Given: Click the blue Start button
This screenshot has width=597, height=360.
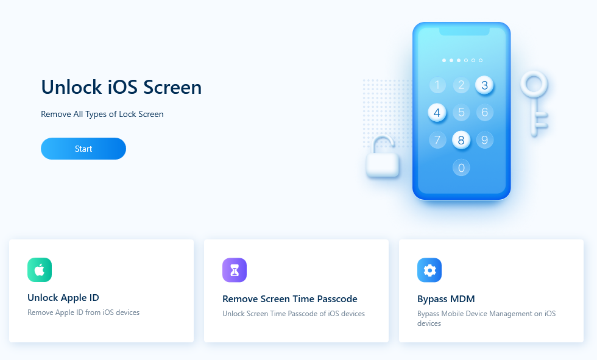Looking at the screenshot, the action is [83, 149].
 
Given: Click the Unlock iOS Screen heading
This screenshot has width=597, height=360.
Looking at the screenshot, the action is [121, 87].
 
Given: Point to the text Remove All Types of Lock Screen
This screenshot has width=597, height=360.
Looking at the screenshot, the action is [102, 114].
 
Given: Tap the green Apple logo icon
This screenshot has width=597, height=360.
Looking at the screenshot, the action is [40, 270].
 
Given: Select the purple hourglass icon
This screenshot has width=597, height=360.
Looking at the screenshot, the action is [235, 270].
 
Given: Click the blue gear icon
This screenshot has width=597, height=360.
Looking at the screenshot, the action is [429, 270].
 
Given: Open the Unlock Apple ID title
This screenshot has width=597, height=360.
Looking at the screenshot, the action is [63, 298].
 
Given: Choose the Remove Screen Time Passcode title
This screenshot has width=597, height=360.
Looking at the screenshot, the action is [290, 298].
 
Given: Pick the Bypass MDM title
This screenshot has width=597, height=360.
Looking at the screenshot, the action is [446, 298].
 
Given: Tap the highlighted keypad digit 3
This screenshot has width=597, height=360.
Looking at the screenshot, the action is [484, 85].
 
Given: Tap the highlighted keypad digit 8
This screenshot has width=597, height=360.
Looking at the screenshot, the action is [461, 140].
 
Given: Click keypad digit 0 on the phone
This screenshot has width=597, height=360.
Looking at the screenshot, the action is [461, 168].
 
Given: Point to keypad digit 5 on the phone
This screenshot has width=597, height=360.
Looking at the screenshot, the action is [461, 112].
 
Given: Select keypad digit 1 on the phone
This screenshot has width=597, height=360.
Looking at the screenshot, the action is [437, 85].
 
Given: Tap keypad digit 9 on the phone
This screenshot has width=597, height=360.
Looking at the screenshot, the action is [485, 140].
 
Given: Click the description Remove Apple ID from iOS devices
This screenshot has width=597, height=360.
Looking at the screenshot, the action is [83, 312].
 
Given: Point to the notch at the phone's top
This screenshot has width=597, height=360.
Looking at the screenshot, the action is [464, 32].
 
